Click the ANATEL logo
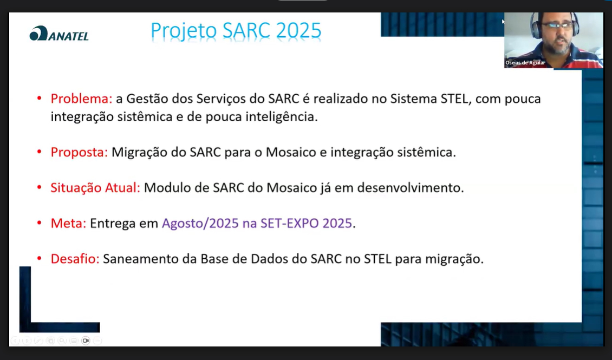click(x=59, y=34)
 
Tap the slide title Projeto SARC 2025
click(x=236, y=31)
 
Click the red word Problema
click(x=81, y=99)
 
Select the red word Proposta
click(x=79, y=153)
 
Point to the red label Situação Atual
click(x=95, y=188)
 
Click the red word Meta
click(x=68, y=223)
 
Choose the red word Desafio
click(x=75, y=259)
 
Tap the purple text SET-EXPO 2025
click(x=307, y=223)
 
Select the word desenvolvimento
click(x=409, y=188)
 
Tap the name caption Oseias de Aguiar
click(x=525, y=62)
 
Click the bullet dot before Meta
click(x=40, y=223)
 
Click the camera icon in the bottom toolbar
click(x=86, y=341)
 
